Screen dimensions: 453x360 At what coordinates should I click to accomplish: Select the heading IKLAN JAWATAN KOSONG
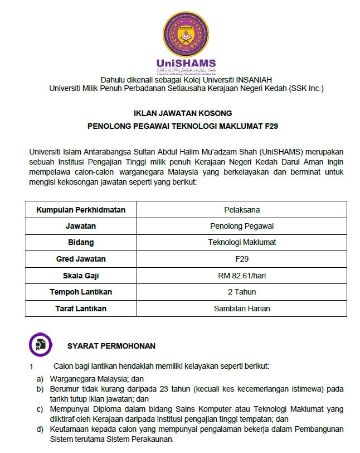click(x=183, y=113)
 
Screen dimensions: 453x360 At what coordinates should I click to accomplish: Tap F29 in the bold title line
click(x=270, y=126)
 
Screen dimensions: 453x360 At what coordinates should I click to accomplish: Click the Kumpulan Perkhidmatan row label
click(x=81, y=210)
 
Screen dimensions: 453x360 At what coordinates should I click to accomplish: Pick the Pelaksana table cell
click(x=242, y=210)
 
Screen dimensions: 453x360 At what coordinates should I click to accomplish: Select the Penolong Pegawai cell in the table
click(x=242, y=226)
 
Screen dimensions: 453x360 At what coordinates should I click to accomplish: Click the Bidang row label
click(x=81, y=242)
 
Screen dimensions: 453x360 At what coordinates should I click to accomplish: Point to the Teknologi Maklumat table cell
click(x=242, y=242)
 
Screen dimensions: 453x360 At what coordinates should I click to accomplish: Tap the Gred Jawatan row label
click(x=81, y=259)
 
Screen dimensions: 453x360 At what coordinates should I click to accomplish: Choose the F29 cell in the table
click(x=242, y=259)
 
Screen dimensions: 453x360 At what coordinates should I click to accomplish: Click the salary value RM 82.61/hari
click(x=242, y=276)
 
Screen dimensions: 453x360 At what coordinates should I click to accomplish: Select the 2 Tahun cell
click(x=242, y=292)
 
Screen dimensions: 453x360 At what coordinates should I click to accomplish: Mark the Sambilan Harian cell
click(x=242, y=309)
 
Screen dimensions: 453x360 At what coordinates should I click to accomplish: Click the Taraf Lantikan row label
click(x=81, y=309)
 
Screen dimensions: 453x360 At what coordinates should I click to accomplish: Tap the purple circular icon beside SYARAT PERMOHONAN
click(x=40, y=344)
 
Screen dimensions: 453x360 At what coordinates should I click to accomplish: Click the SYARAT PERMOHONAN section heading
click(x=111, y=346)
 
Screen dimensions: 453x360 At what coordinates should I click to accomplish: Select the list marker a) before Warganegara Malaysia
click(x=40, y=378)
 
